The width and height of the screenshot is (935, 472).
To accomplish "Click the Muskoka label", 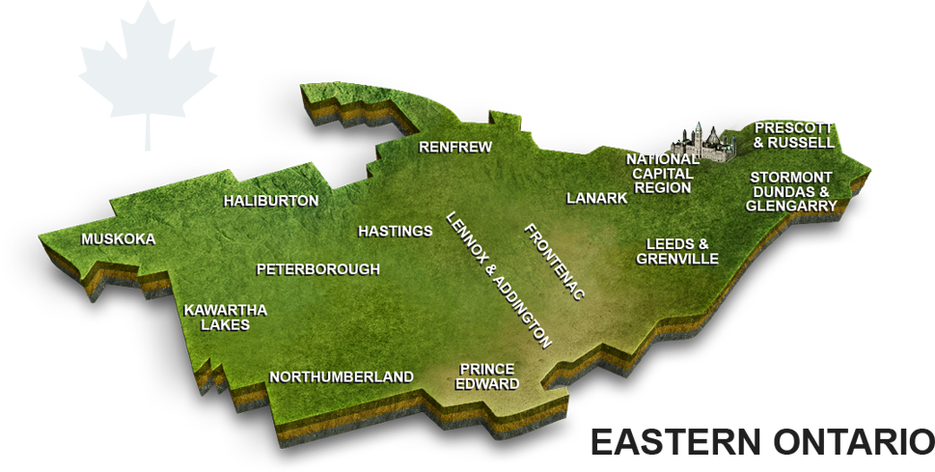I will tap(118, 239).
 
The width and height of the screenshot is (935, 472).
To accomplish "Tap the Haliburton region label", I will tap(270, 201).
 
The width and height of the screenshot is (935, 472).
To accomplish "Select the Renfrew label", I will tap(455, 148).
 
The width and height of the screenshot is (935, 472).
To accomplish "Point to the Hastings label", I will tap(395, 232).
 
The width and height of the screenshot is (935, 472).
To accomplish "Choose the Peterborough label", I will tap(317, 269).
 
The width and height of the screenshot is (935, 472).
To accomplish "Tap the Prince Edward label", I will tap(488, 376).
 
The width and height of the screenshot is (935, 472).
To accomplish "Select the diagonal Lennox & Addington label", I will tap(498, 279).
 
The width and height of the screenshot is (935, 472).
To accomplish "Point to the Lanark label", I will tap(596, 198).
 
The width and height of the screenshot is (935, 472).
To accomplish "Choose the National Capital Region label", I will tap(662, 173).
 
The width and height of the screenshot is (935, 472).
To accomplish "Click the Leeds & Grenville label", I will tap(677, 252).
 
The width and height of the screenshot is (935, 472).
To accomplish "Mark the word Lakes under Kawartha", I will tap(225, 325).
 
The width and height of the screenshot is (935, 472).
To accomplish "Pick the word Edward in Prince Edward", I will tap(488, 384).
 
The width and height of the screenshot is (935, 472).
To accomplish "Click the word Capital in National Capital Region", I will tap(662, 173).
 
